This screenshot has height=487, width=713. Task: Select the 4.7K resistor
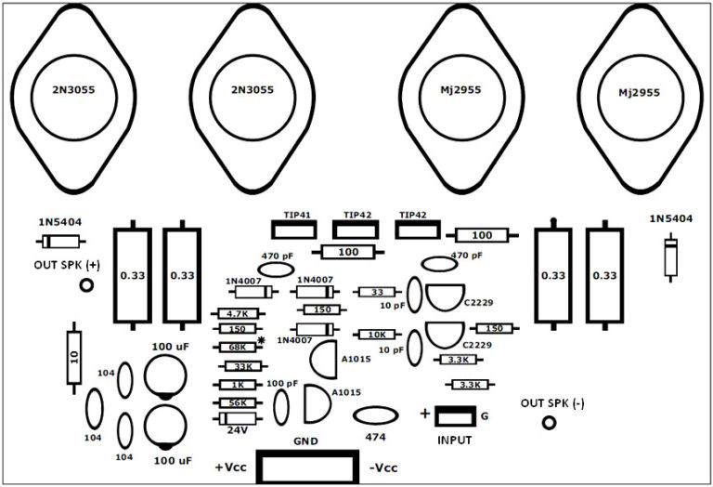coord(235,315)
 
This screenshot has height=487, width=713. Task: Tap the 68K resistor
coord(235,347)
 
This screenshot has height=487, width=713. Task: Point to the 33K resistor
coord(240,366)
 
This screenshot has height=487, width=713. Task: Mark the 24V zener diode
coord(236,419)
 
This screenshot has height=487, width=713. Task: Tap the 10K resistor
coord(377,335)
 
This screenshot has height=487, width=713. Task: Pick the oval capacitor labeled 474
coord(375,417)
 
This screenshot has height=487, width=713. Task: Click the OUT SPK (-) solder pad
coord(549,423)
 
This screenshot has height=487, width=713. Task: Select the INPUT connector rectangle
coord(455,416)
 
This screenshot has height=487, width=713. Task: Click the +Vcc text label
coord(230,467)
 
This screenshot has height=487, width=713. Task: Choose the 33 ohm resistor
coord(377,293)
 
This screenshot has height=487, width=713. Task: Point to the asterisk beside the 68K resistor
coord(262,342)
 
